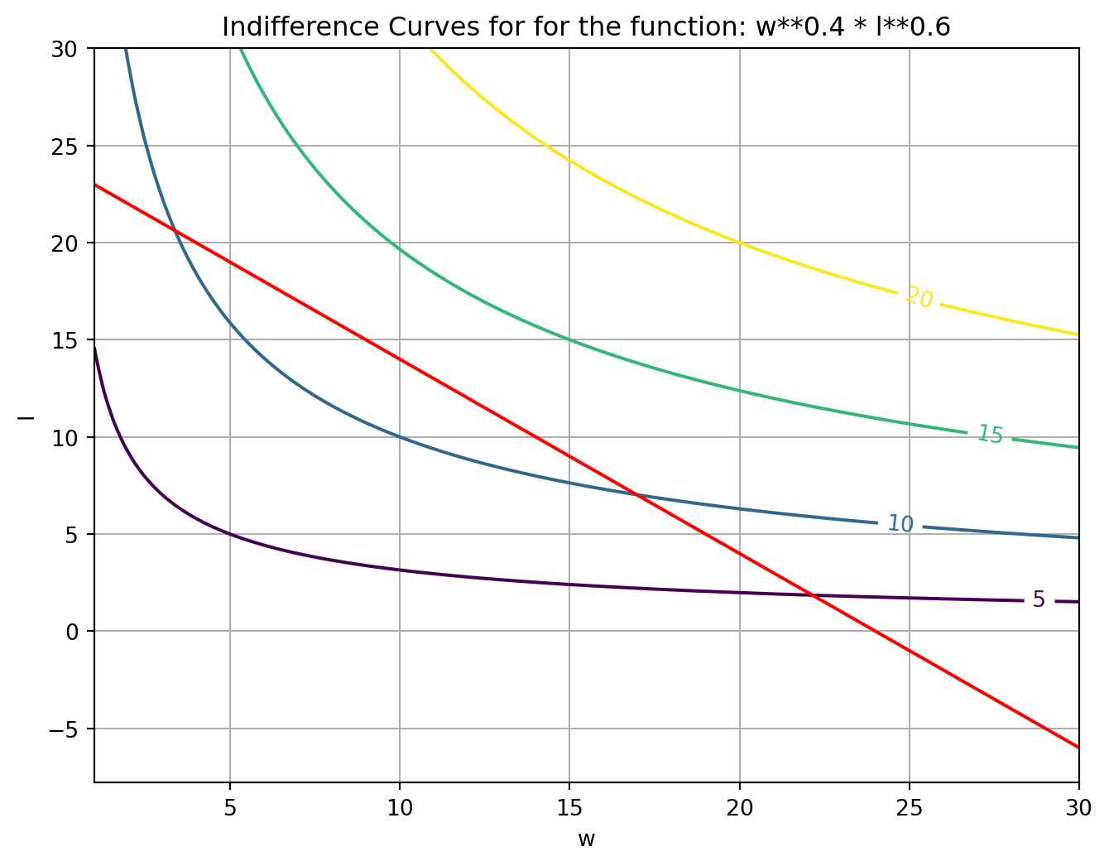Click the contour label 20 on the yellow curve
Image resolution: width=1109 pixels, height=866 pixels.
919,297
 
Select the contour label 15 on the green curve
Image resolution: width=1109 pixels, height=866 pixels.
990,435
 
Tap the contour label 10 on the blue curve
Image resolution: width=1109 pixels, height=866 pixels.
900,523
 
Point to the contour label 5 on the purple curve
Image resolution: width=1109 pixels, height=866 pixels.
1039,599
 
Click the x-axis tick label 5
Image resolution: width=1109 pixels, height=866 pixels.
229,807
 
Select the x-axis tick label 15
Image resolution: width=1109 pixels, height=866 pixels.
569,807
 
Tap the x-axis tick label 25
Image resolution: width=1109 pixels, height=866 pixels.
909,807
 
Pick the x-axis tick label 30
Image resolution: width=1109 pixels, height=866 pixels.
1078,807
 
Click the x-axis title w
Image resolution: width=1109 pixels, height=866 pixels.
586,840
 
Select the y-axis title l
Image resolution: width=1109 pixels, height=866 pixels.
27,415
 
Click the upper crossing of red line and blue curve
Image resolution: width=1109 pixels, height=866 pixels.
175,229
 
